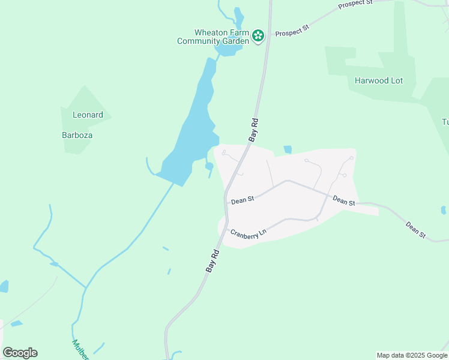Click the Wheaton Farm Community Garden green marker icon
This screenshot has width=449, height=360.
(x=258, y=36)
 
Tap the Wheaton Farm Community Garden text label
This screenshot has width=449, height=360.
(x=213, y=37)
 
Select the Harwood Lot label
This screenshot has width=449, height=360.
(x=378, y=80)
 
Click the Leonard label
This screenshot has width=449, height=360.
(x=88, y=115)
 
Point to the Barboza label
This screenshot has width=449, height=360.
(x=77, y=135)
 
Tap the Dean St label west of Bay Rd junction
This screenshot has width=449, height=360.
(x=243, y=200)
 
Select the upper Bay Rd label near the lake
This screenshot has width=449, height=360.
(x=254, y=130)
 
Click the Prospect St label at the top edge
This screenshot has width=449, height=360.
(x=355, y=4)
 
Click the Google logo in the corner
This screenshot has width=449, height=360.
(x=20, y=353)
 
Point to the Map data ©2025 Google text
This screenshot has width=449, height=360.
(x=412, y=355)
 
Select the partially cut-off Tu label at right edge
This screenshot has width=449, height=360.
(x=445, y=122)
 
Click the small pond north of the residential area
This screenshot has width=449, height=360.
(x=288, y=149)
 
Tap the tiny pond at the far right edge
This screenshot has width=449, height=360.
(x=443, y=210)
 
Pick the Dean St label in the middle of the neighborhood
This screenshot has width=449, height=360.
(x=344, y=201)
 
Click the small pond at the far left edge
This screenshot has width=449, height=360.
(x=4, y=286)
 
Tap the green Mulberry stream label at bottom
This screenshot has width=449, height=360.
(x=80, y=350)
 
